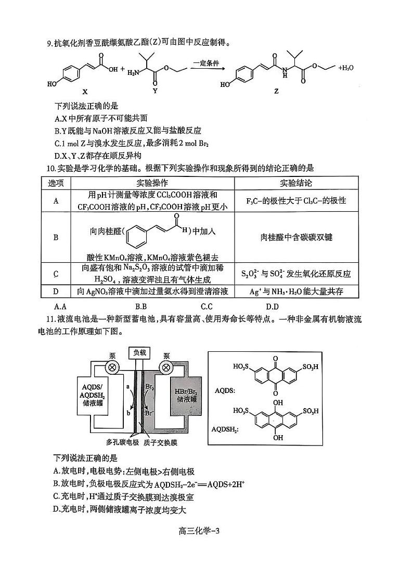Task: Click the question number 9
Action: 50,43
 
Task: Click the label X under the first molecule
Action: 85,92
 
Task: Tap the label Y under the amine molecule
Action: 155,91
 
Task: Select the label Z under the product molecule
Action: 276,91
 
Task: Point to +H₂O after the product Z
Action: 346,68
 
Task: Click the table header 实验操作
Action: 152,183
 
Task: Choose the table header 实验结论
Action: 296,183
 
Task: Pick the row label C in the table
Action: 56,274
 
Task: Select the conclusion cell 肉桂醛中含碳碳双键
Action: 296,237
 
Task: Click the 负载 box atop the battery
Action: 139,353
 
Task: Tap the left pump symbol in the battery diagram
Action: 112,367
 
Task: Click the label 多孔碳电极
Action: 122,443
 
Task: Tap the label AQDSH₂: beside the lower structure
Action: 225,429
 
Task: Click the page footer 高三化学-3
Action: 199,531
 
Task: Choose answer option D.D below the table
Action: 273,307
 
